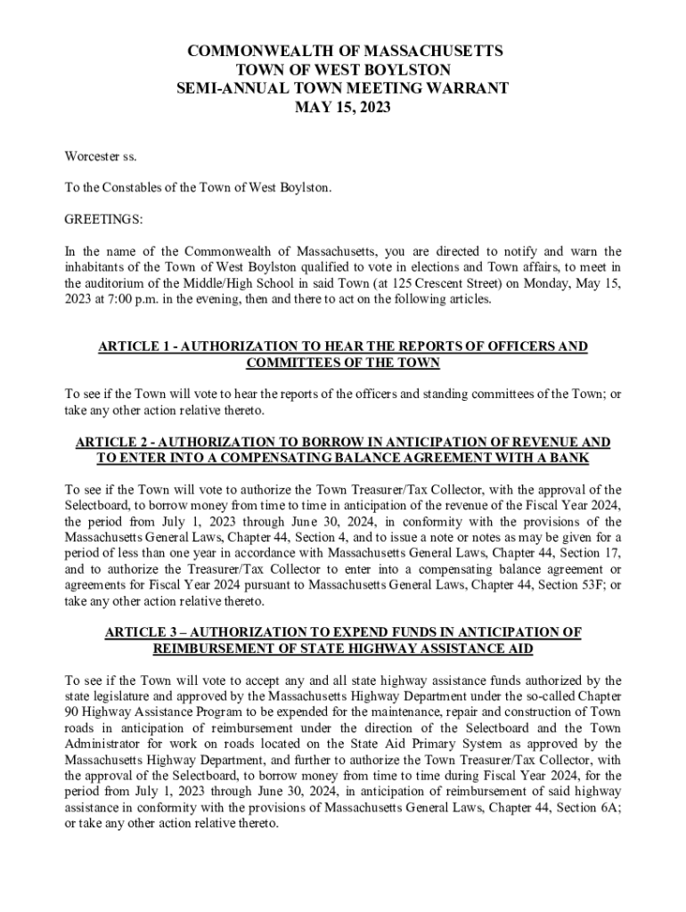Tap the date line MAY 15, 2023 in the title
[343, 108]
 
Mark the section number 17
[614, 553]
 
